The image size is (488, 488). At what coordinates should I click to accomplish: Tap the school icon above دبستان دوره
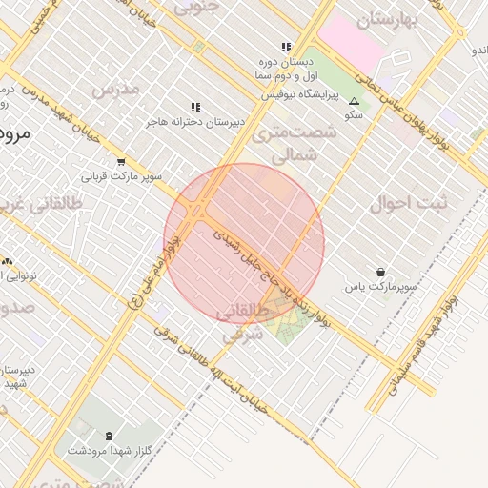[285, 47]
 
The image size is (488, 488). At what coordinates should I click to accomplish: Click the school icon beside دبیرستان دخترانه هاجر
[195, 108]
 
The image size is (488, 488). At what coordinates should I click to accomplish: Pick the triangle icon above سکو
[355, 100]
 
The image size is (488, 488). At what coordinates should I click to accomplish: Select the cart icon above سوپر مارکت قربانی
[120, 162]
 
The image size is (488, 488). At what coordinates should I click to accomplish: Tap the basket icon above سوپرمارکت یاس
[381, 273]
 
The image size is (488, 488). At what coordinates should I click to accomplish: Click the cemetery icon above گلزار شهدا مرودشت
[106, 435]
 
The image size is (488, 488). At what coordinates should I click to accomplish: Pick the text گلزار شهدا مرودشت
[105, 449]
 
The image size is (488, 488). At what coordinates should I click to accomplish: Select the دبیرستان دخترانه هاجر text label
[195, 122]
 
